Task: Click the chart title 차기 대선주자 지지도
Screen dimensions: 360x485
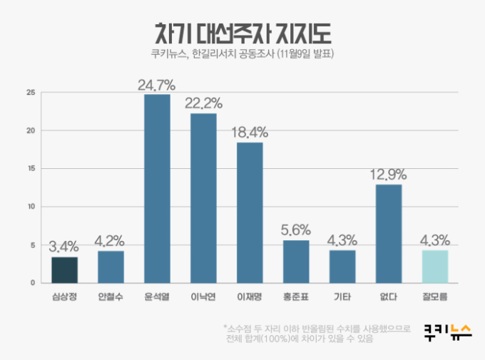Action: [x=242, y=32]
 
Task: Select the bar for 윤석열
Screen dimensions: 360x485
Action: [x=157, y=189]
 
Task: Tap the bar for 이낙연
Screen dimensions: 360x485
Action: [x=203, y=198]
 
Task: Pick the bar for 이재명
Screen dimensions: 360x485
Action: [x=250, y=212]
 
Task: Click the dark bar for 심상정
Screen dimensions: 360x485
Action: [x=64, y=270]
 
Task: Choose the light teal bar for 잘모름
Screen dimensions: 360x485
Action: [x=435, y=267]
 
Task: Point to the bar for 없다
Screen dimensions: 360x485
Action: [x=389, y=234]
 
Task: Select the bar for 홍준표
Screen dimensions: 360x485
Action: [x=296, y=262]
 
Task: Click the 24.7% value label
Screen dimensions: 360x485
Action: [x=157, y=86]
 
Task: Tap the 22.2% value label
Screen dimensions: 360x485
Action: [x=203, y=104]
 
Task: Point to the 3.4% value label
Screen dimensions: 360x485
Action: [x=64, y=248]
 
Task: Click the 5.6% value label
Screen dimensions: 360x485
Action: [x=296, y=231]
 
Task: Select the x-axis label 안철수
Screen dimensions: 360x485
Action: [x=111, y=295]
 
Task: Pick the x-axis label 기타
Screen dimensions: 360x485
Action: [x=342, y=295]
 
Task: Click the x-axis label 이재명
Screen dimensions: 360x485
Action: [x=250, y=295]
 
